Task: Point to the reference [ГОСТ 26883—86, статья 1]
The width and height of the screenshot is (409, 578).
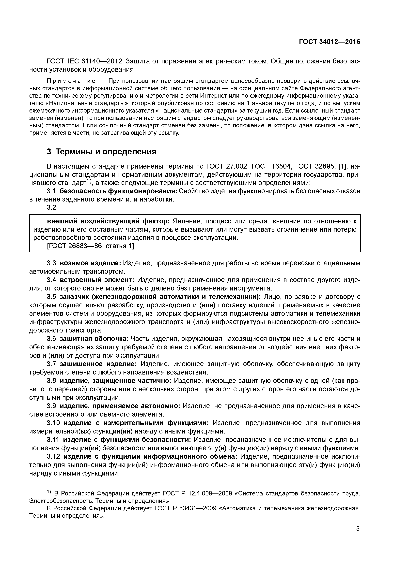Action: tap(91, 246)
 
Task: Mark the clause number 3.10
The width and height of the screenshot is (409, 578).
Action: tap(53, 423)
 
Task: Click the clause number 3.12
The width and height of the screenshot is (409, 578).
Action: tap(53, 457)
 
